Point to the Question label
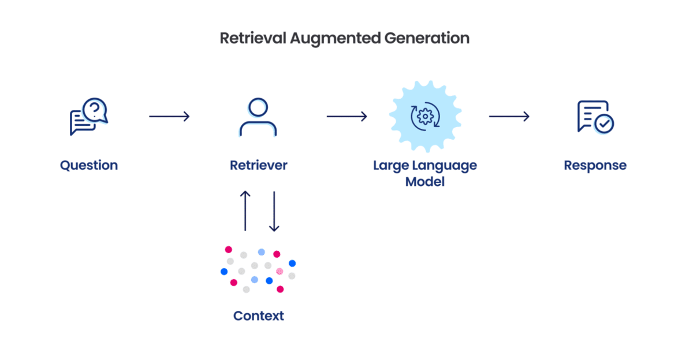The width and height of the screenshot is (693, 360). [89, 165]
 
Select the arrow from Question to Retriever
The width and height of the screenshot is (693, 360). [169, 117]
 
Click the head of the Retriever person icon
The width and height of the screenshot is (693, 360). [258, 108]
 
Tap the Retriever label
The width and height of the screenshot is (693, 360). [258, 165]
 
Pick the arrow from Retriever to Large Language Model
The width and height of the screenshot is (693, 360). [346, 117]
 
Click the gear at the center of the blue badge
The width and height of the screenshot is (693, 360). [424, 117]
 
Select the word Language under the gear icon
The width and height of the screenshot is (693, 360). [448, 165]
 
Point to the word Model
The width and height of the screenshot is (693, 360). [424, 181]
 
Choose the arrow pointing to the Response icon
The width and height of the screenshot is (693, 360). [509, 117]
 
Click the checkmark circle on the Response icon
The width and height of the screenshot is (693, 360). [605, 124]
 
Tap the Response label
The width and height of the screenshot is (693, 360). [595, 165]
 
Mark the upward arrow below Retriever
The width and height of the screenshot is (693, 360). [245, 211]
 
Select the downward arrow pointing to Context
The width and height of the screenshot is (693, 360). [274, 211]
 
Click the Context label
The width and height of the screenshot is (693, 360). [258, 316]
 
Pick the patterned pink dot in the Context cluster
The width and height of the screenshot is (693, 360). [280, 271]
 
